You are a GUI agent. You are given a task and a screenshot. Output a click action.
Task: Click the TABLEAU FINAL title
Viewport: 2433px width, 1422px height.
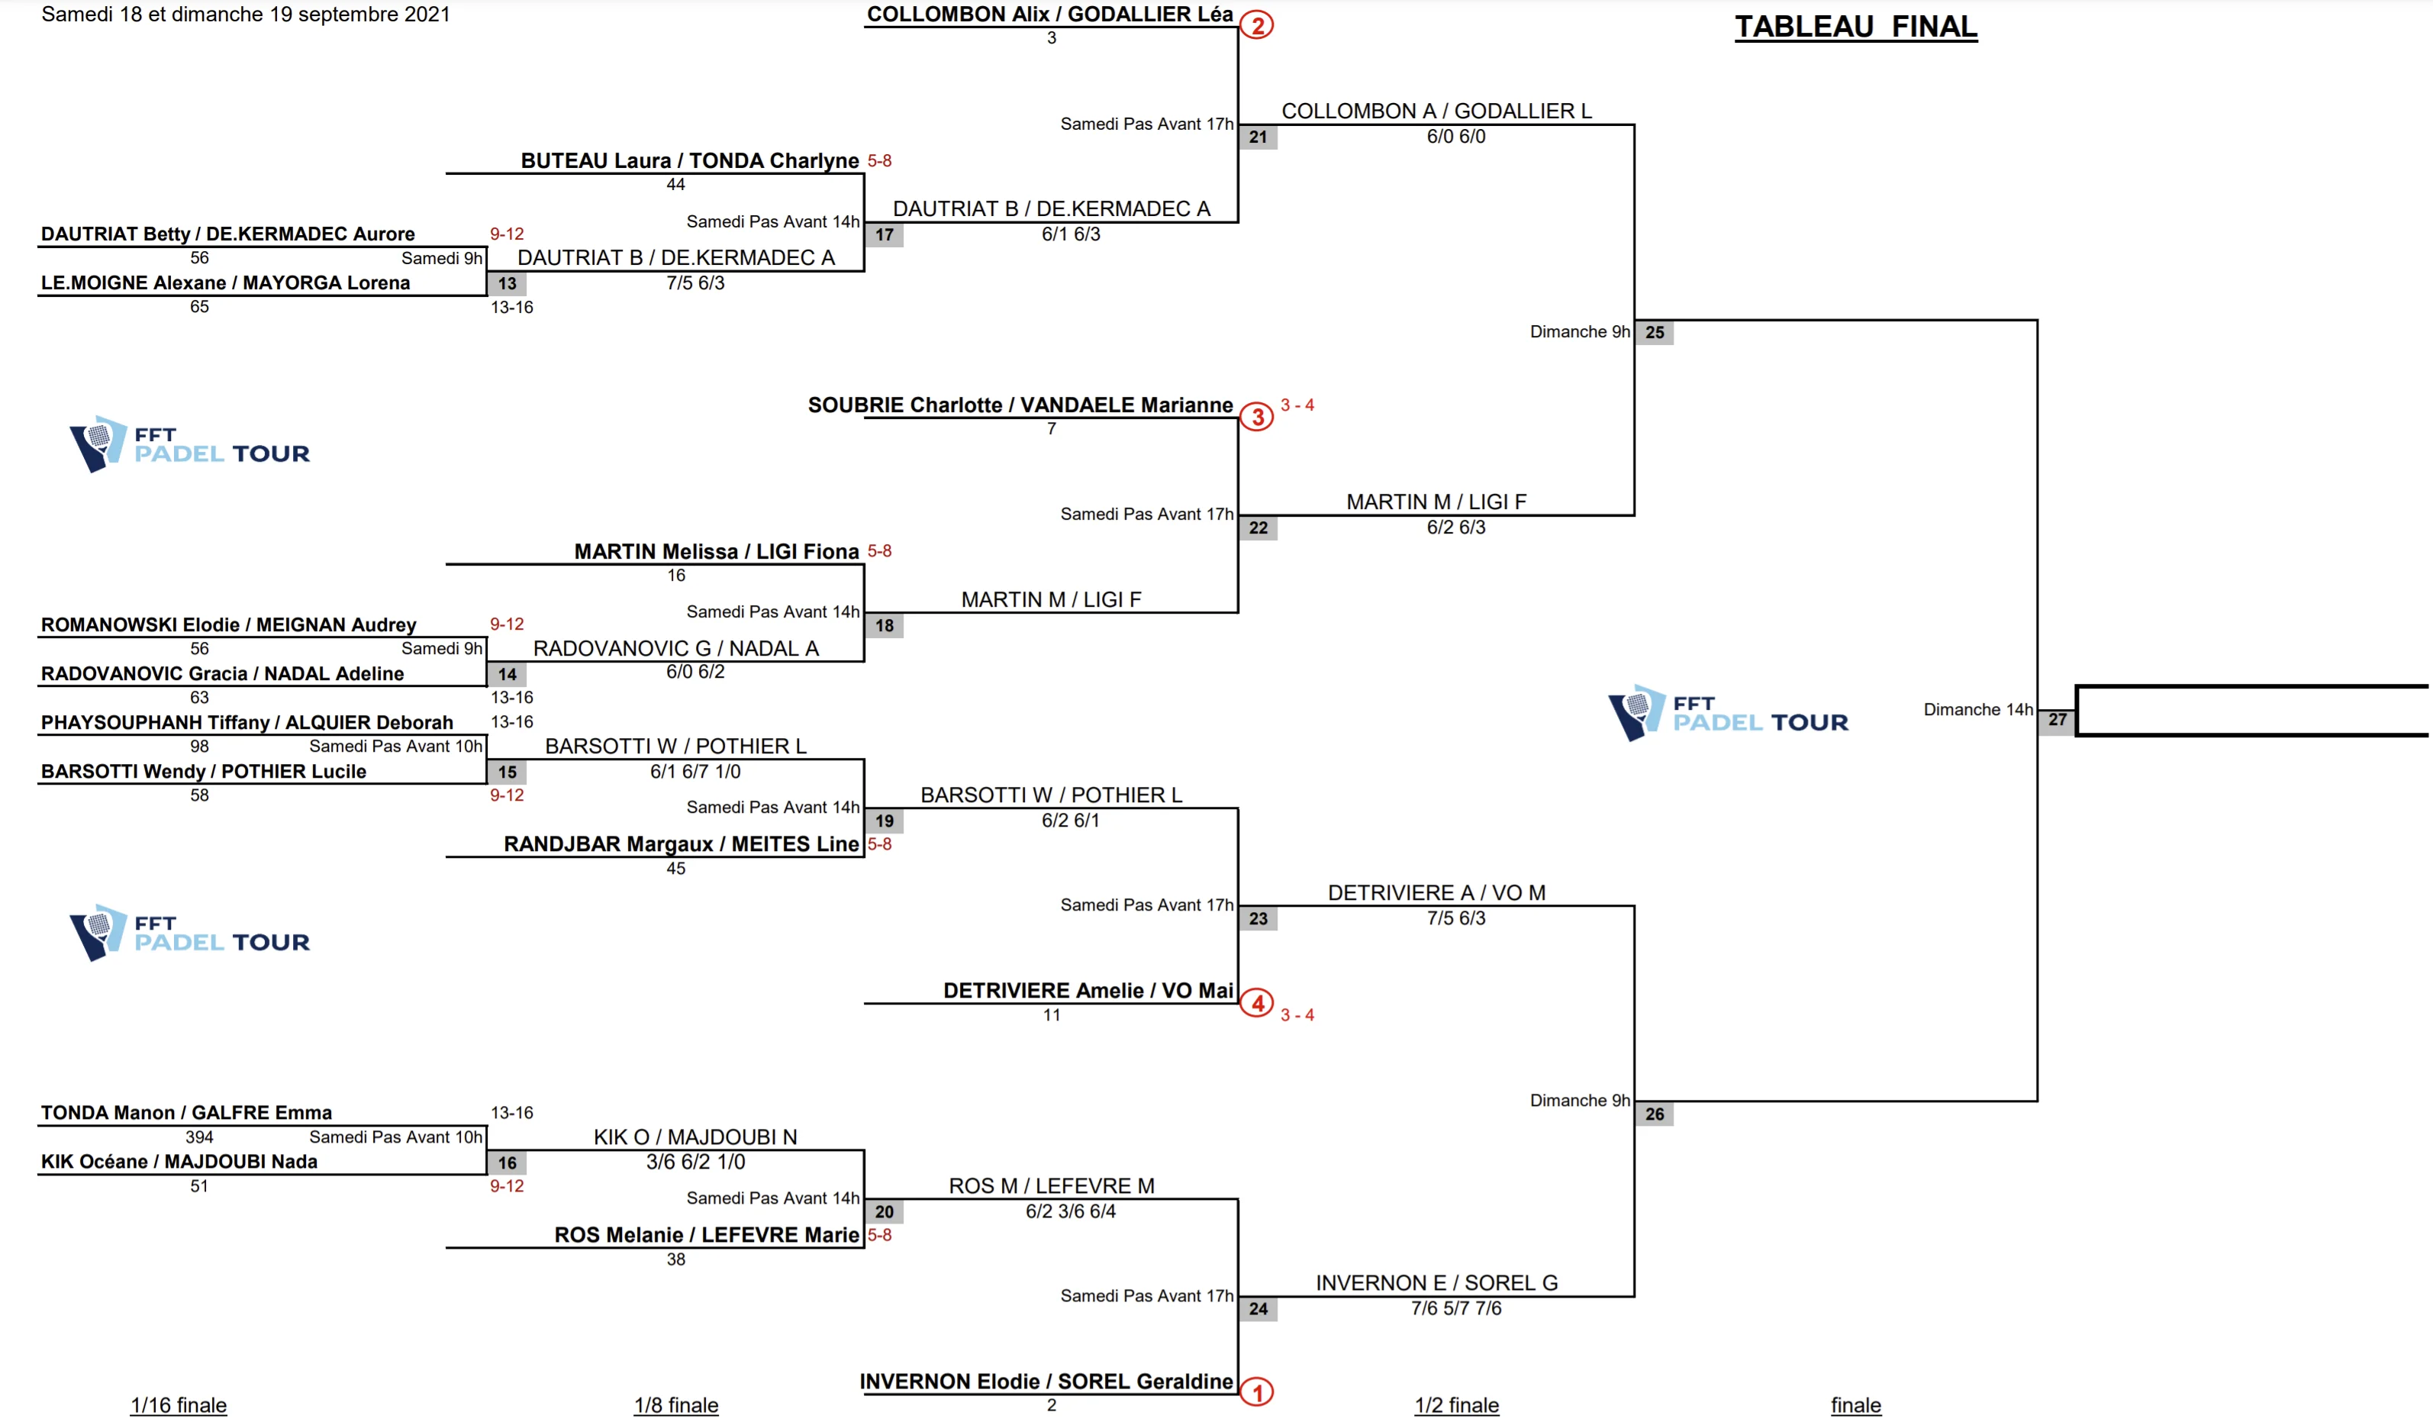pos(1855,26)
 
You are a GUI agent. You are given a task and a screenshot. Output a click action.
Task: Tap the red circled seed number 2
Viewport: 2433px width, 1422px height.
pos(1256,25)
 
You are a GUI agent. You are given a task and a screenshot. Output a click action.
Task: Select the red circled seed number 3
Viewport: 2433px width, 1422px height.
pos(1256,417)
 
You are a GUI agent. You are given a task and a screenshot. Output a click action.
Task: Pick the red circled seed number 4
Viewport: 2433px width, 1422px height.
pos(1256,1003)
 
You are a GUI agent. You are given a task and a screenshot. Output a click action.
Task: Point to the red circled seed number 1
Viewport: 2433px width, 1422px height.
pos(1256,1392)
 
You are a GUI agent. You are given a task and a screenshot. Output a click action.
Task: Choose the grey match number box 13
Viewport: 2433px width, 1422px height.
pos(507,284)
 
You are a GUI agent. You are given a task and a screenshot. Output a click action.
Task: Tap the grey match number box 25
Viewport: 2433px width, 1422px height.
pos(1654,333)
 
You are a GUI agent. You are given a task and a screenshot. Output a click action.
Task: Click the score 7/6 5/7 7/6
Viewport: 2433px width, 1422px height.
pos(1456,1308)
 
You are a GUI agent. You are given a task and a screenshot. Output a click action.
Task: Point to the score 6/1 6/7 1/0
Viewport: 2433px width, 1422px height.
pos(695,772)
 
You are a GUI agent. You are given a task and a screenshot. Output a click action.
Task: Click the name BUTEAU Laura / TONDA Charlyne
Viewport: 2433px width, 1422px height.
pos(689,160)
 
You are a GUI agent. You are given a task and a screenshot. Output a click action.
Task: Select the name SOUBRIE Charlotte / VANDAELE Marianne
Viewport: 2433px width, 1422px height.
pos(1020,405)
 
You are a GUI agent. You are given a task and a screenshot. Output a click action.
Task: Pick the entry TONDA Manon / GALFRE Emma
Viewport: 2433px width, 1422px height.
pos(186,1112)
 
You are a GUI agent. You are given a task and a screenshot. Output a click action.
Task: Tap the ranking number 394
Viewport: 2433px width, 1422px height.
pos(199,1137)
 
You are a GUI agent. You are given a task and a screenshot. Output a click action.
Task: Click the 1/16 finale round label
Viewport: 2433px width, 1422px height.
pos(179,1404)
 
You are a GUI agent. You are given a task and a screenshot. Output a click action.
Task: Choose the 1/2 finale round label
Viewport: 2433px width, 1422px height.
pos(1456,1404)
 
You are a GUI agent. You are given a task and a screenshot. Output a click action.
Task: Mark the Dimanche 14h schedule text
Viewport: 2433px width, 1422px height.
pos(1977,710)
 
